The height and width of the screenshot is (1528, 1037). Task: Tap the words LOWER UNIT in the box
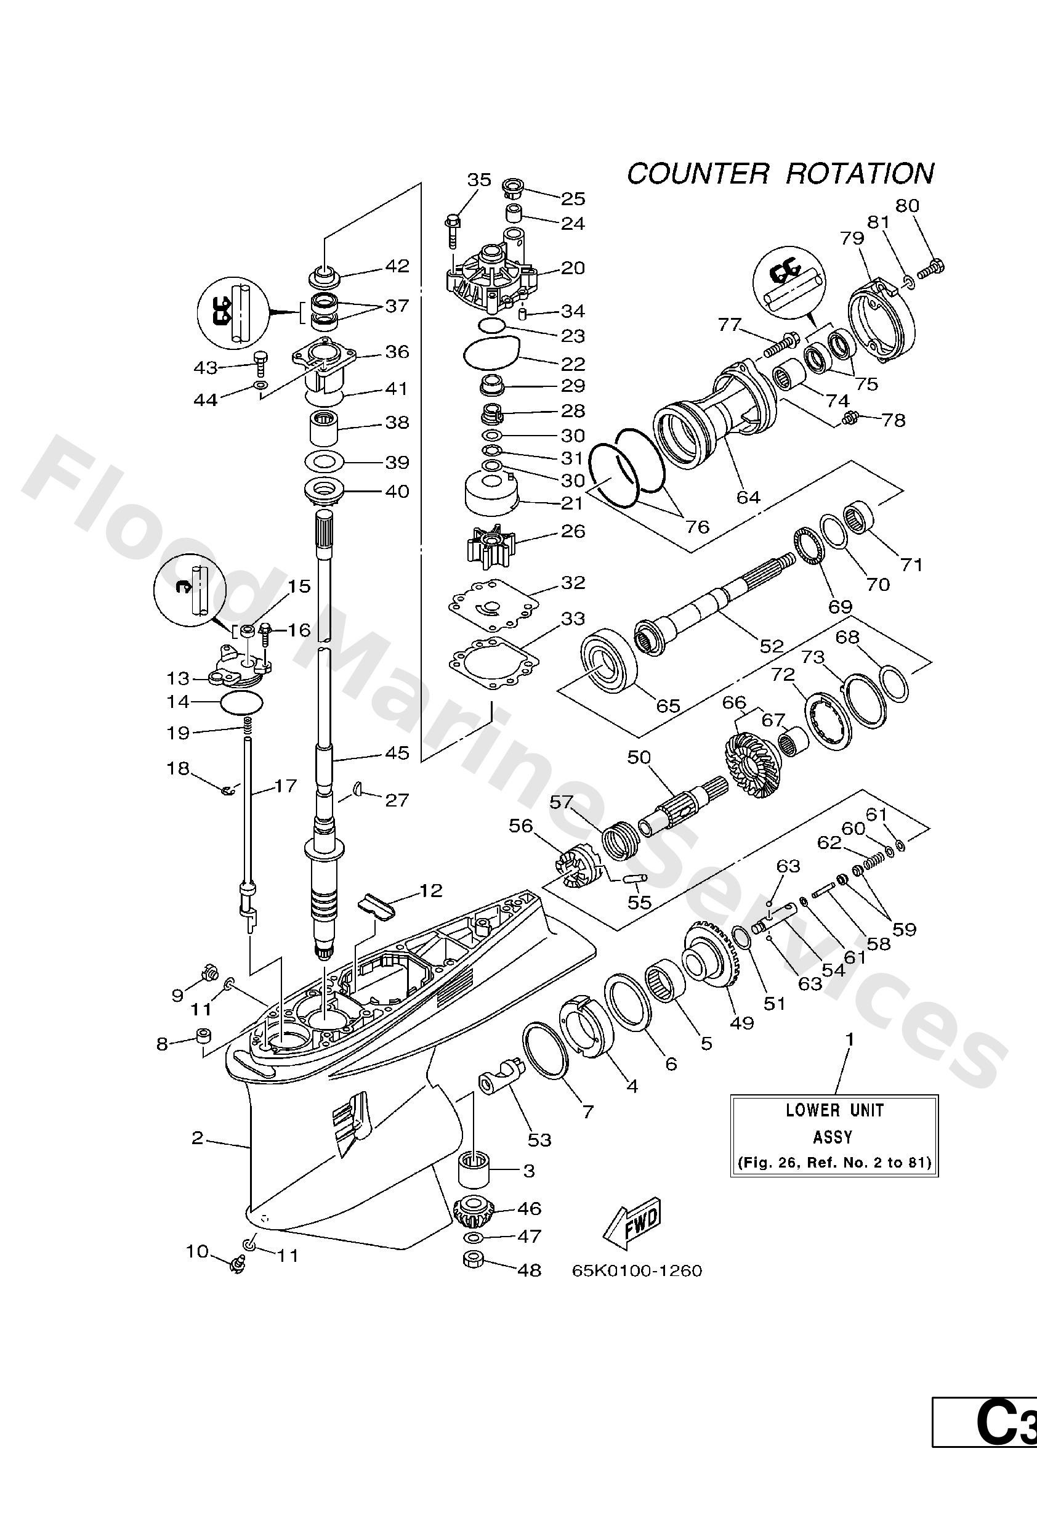(x=834, y=1110)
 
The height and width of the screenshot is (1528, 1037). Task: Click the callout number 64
(x=748, y=497)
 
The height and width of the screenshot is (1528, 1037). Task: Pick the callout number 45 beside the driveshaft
(x=397, y=752)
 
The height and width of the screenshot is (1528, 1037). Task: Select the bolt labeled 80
(x=933, y=267)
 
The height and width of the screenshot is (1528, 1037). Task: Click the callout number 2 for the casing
(x=197, y=1137)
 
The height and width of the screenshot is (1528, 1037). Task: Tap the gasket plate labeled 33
(x=491, y=660)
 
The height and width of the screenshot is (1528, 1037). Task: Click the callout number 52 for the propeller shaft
(x=772, y=646)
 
